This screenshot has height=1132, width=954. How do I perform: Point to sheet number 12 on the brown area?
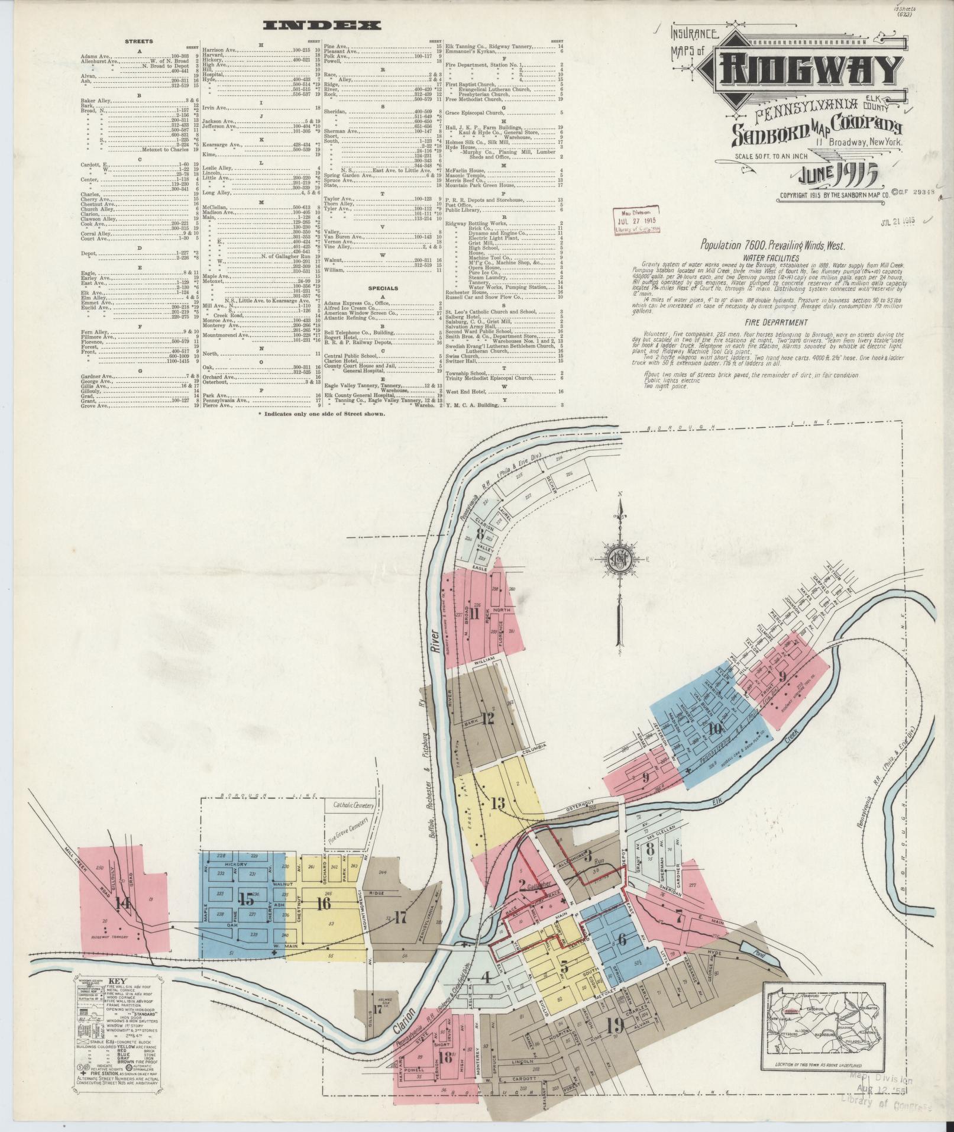click(x=488, y=720)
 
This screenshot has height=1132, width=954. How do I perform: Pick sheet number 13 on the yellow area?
click(x=498, y=803)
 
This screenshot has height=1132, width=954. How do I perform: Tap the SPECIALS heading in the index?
click(x=381, y=288)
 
